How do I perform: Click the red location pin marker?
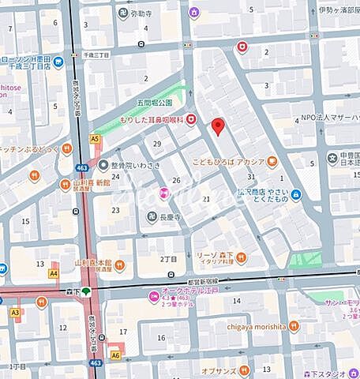(219, 126)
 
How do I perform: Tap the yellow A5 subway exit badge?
(95, 138)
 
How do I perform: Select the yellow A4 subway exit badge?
(54, 273)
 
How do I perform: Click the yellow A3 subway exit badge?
(15, 312)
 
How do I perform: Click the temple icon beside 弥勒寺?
(122, 13)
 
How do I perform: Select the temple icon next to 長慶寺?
(152, 218)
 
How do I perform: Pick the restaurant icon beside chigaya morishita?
(293, 325)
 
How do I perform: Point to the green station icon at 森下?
(86, 291)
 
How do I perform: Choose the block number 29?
(157, 143)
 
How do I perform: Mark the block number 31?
(250, 177)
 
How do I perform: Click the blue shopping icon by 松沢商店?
(295, 194)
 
